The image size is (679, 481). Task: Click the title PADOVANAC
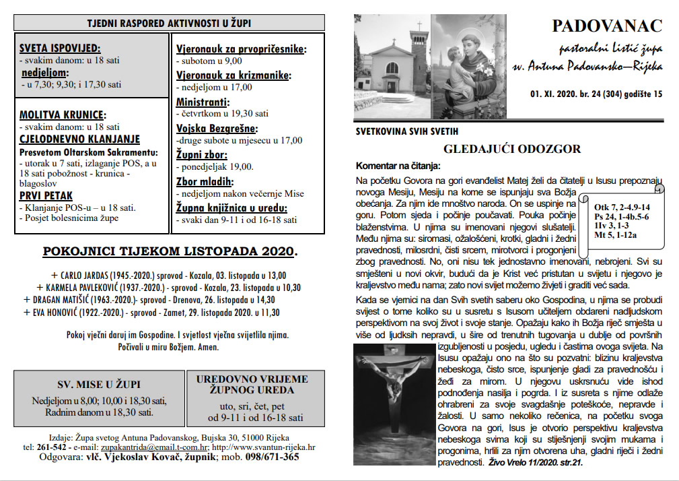[x=606, y=26]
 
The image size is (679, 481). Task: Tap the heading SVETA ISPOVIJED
[x=60, y=48]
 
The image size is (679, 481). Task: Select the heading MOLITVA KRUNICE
[x=63, y=115]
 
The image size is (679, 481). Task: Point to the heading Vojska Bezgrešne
[x=217, y=128]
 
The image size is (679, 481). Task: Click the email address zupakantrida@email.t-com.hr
[x=155, y=447]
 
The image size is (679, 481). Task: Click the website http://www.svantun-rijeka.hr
[x=264, y=447]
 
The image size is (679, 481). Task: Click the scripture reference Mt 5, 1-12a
[x=616, y=236]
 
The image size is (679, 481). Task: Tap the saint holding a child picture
[x=468, y=67]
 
